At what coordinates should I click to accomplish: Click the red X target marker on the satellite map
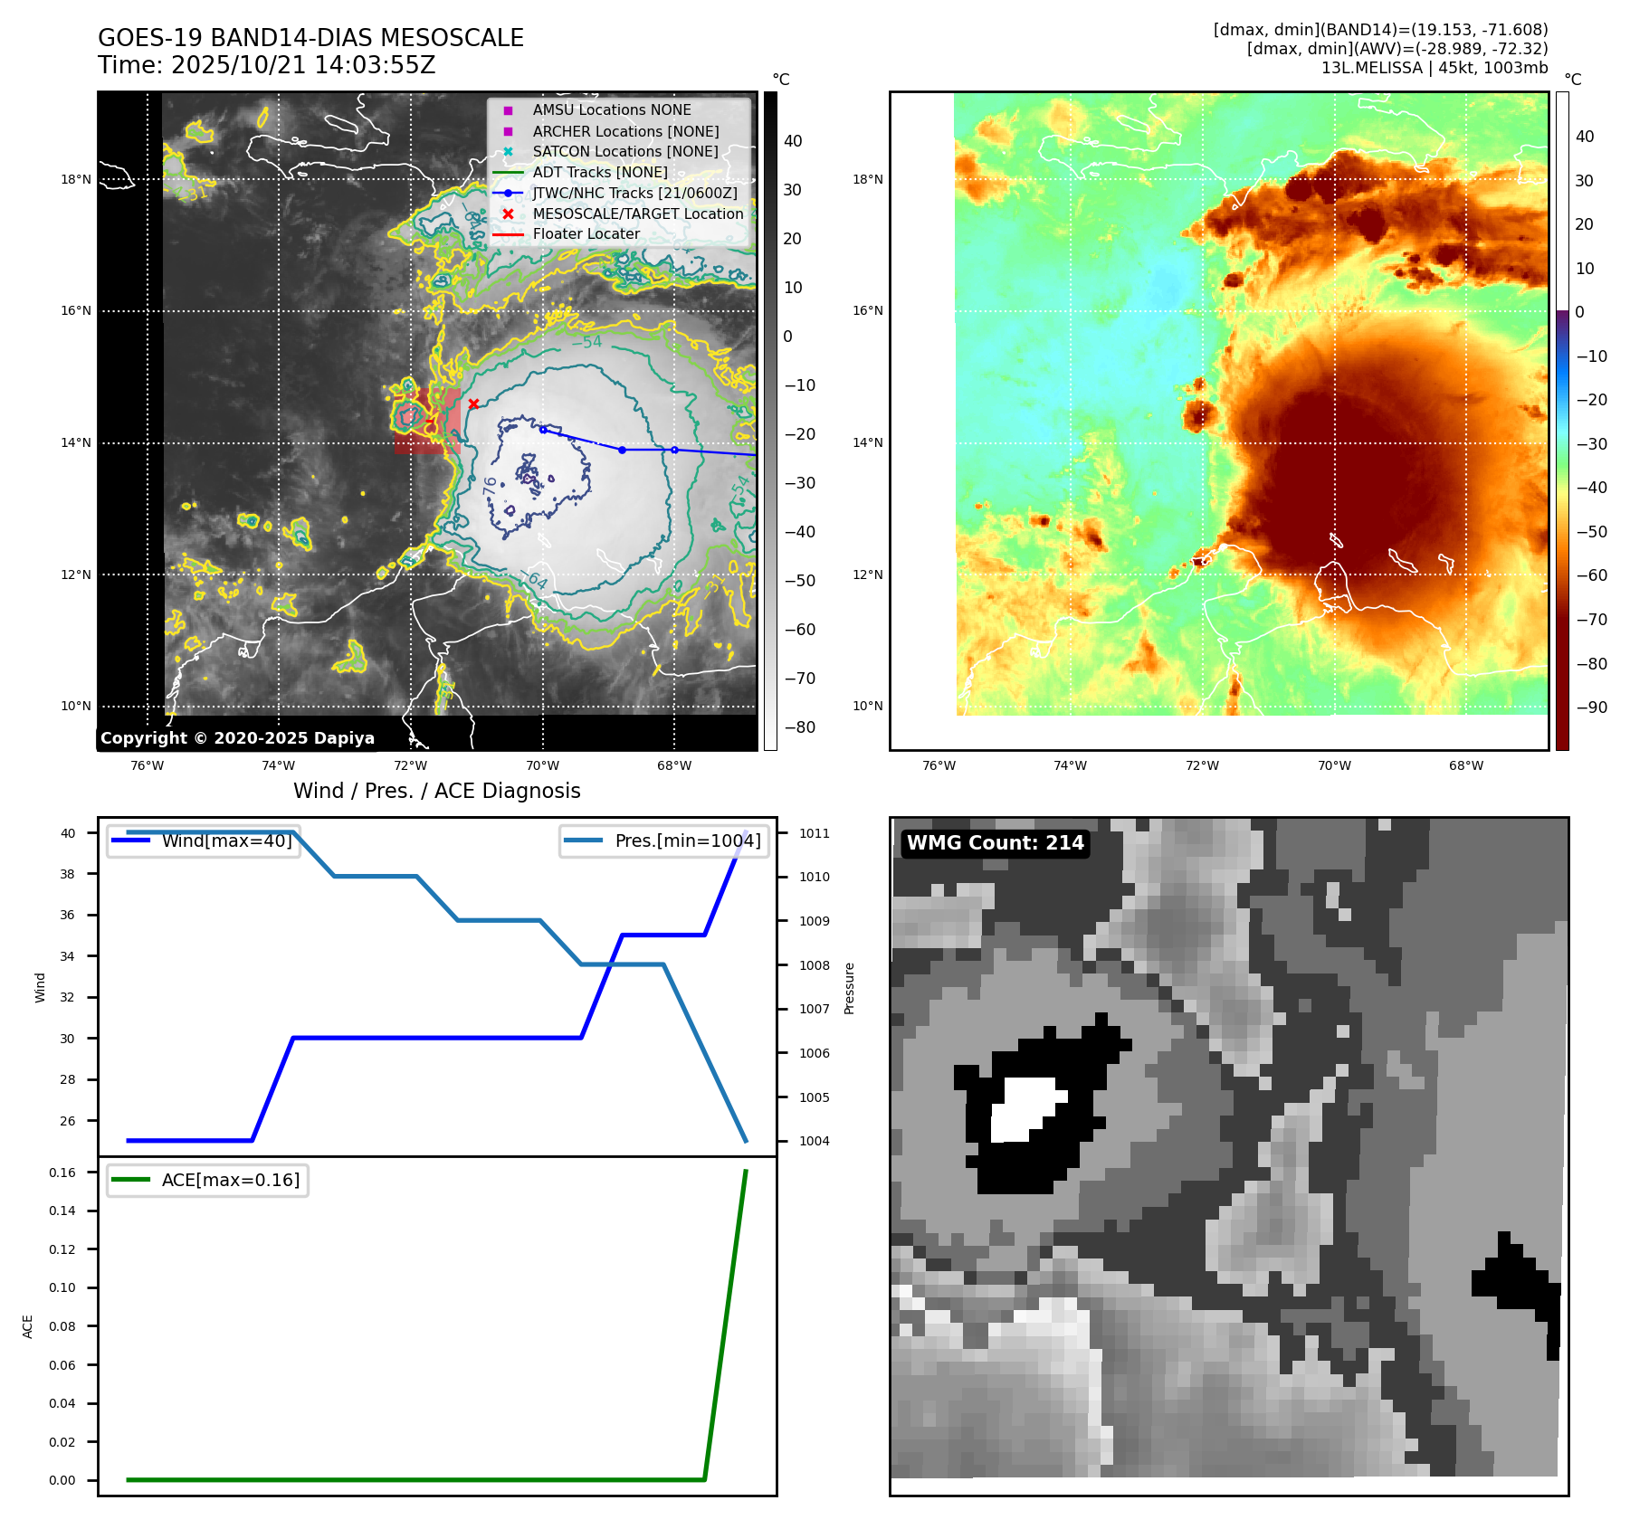(x=473, y=404)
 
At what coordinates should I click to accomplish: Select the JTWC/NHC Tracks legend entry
(x=634, y=193)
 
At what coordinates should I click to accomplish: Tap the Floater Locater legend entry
(x=586, y=234)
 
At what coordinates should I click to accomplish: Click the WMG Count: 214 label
(x=995, y=843)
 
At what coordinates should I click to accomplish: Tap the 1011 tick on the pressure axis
(x=814, y=833)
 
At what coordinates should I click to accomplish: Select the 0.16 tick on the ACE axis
(x=62, y=1173)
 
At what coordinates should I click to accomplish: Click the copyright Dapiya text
(x=237, y=738)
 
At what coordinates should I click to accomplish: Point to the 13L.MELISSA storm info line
(x=1434, y=68)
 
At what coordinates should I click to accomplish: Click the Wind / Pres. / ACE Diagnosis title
(x=436, y=791)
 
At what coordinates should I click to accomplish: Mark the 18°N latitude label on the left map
(x=76, y=180)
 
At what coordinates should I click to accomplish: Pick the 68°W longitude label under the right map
(x=1465, y=765)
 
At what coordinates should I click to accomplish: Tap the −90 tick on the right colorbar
(x=1591, y=708)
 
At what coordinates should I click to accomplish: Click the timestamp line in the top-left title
(x=266, y=65)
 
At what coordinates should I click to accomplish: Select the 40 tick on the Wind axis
(x=68, y=833)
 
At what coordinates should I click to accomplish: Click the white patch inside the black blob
(x=1025, y=1108)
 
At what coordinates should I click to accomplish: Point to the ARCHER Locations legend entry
(x=625, y=131)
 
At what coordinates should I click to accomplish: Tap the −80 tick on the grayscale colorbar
(x=799, y=727)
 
